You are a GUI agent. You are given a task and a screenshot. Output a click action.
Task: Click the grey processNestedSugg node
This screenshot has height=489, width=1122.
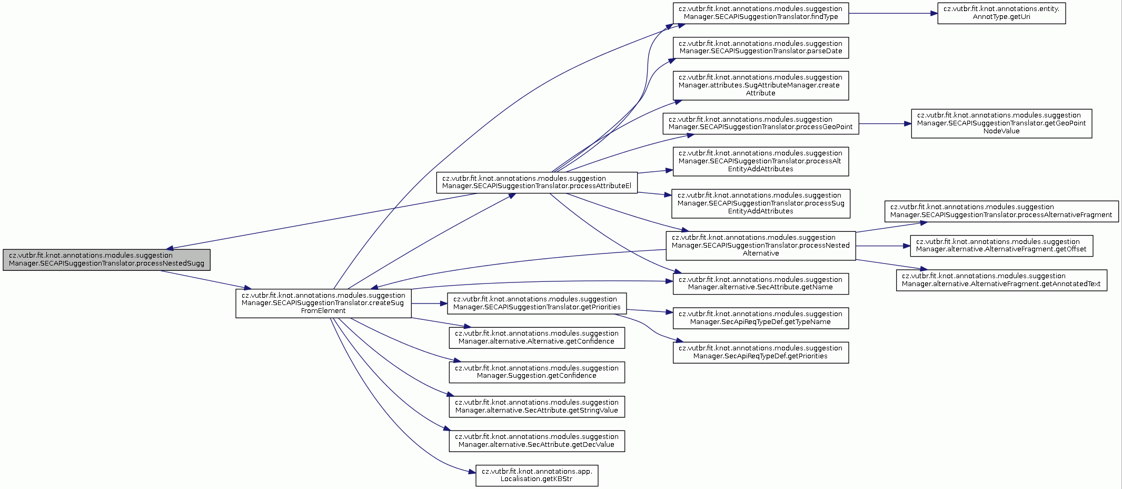coord(106,260)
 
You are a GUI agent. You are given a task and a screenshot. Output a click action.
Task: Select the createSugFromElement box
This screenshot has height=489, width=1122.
coord(323,303)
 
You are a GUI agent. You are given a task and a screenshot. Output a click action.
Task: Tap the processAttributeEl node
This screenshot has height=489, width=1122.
coord(537,182)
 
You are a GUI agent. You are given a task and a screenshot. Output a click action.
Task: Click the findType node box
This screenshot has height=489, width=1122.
coord(761,13)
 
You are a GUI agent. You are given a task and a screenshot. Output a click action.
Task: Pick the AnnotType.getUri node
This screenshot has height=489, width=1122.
coord(1001,13)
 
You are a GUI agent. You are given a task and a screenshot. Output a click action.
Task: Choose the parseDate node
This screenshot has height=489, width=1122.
coord(761,47)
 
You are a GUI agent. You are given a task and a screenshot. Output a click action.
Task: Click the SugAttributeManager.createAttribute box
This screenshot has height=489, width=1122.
coord(761,85)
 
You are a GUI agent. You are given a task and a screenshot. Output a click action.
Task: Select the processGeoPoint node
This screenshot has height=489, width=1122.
coord(761,123)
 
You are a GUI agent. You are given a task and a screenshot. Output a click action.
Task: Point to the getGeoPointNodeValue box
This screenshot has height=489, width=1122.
coord(1001,123)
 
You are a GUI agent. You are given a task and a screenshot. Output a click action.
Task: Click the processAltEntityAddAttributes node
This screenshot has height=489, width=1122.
coord(761,161)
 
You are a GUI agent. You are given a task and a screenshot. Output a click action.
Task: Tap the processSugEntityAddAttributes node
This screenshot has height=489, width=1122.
coord(761,203)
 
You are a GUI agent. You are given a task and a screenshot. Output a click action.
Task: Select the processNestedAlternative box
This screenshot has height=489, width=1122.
coord(761,246)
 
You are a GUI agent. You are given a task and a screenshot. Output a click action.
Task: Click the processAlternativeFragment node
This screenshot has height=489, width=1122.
coord(1001,211)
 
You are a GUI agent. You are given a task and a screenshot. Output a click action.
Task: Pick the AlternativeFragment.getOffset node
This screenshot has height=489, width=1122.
coord(1001,246)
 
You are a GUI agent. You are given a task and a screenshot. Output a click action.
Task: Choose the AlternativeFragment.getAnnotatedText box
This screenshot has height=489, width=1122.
coord(1001,280)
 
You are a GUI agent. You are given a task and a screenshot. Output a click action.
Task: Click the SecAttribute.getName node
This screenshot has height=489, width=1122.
coord(761,283)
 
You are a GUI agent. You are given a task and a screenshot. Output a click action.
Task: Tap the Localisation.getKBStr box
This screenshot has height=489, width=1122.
coord(537,475)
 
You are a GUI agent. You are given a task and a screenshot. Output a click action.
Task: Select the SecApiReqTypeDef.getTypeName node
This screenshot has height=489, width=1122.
coord(761,318)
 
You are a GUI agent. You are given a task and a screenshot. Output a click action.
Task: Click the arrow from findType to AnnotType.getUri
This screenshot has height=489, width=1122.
coord(893,13)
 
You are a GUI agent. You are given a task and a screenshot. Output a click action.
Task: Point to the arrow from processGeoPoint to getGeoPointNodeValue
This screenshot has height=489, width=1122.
coord(885,124)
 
